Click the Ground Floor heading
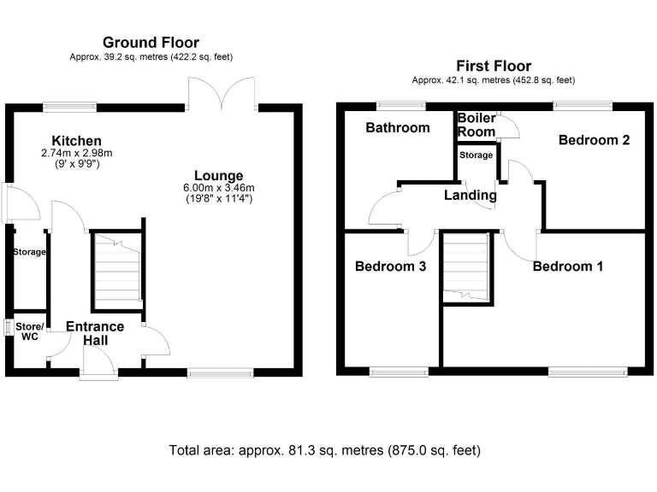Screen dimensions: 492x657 point(151,42)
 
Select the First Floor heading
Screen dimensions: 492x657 point(493,66)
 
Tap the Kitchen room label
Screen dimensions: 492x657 point(76,141)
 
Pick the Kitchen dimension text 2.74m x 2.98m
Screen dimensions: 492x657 point(76,153)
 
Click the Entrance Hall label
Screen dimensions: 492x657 point(95,333)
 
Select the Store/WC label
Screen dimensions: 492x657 point(27,331)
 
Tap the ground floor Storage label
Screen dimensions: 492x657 point(29,252)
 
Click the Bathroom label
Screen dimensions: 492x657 point(397,128)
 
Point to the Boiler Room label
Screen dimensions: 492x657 point(476,125)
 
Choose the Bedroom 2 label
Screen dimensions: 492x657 point(594,140)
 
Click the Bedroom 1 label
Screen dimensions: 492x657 point(567,266)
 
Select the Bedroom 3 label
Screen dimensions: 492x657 point(390,266)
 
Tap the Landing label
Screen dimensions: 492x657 point(470,195)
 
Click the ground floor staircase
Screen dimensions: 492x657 point(116,270)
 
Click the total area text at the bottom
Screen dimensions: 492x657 point(325,449)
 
